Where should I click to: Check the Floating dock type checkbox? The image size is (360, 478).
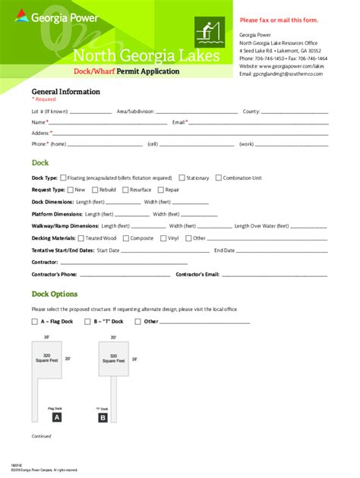[63, 178]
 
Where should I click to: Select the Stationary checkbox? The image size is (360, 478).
[182, 178]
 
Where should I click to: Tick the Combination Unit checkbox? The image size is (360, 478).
[218, 178]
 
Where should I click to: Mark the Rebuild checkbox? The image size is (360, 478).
[95, 190]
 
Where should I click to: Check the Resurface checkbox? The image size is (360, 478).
[125, 190]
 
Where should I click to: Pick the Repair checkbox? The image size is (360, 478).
[161, 190]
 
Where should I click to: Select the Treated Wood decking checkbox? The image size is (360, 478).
[81, 238]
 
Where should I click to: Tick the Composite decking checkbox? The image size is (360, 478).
[126, 238]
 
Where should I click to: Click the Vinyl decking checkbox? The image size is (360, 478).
[163, 238]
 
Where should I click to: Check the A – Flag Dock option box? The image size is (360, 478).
[35, 322]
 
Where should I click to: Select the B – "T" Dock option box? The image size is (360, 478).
[88, 322]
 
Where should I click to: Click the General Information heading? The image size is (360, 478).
[65, 91]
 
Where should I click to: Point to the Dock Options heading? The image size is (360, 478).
[54, 294]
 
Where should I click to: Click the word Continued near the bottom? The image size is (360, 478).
[41, 436]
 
